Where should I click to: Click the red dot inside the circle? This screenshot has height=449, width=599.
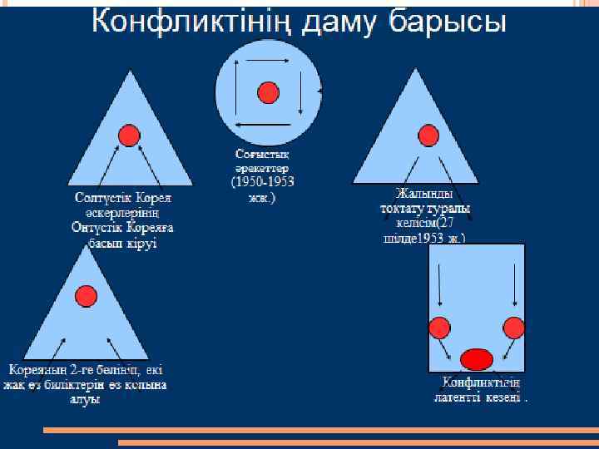267,92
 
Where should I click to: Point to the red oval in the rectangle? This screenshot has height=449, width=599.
477,359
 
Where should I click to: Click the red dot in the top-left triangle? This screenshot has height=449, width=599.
128,135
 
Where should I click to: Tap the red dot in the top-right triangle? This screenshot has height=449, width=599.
428,136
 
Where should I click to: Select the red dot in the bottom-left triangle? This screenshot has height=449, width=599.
87,295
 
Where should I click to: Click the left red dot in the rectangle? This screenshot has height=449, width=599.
438,327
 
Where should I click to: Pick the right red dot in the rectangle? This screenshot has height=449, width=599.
513,327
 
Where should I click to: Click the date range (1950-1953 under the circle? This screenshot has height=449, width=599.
262,181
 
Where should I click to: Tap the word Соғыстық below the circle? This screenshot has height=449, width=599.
261,155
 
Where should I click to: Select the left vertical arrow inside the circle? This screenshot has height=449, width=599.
236,92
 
